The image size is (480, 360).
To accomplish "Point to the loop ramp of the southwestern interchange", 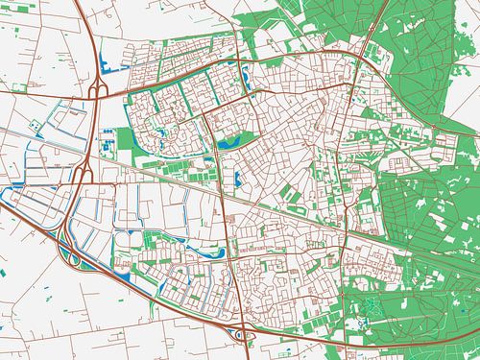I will click(x=69, y=253).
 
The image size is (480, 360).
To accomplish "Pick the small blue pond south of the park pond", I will click(x=234, y=177).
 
